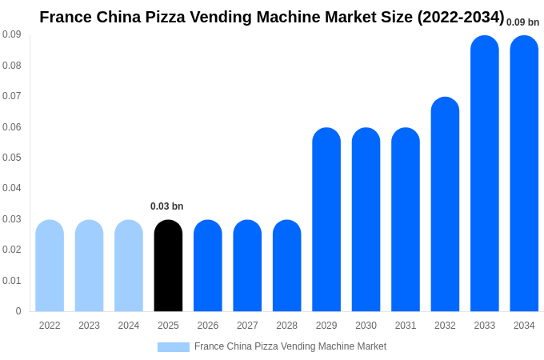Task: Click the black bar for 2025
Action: click(x=168, y=266)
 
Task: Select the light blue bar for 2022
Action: click(x=50, y=266)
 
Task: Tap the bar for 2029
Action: click(x=326, y=220)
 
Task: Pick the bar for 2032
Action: click(x=445, y=204)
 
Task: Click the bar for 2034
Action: click(x=524, y=174)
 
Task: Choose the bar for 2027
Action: click(x=247, y=266)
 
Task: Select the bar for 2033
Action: click(x=485, y=174)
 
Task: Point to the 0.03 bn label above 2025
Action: click(x=166, y=206)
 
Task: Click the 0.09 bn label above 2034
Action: click(x=522, y=22)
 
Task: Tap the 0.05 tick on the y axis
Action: click(x=12, y=158)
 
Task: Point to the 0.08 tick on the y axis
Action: click(x=12, y=66)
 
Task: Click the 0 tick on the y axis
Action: click(x=18, y=311)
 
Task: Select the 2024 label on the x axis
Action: click(x=129, y=326)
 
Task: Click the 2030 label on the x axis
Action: click(x=366, y=326)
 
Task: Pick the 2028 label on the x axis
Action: click(x=286, y=326)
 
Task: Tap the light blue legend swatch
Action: click(x=173, y=347)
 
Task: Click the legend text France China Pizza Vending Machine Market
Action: click(x=290, y=346)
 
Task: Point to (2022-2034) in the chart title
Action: click(x=461, y=17)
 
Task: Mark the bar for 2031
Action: click(x=406, y=220)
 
